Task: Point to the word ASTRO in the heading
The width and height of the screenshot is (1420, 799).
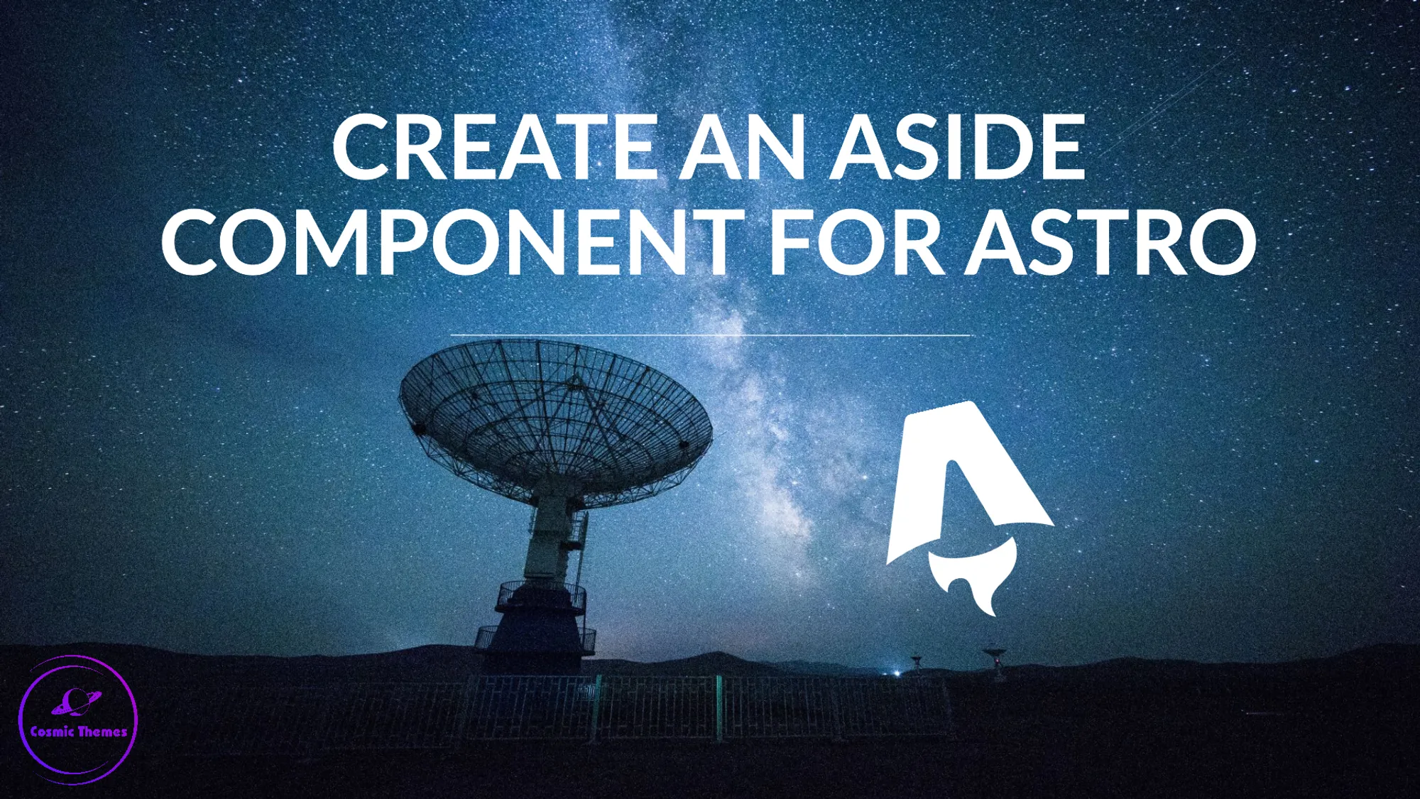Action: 1110,242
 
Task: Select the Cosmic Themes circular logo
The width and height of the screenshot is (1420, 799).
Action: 78,719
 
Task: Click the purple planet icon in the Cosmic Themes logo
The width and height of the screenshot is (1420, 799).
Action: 75,702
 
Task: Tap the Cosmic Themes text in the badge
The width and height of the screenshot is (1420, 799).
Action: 78,732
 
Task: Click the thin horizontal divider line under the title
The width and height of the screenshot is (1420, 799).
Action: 710,335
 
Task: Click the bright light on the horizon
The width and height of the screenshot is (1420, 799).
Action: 897,672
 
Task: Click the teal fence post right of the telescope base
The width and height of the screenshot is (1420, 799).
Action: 719,707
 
